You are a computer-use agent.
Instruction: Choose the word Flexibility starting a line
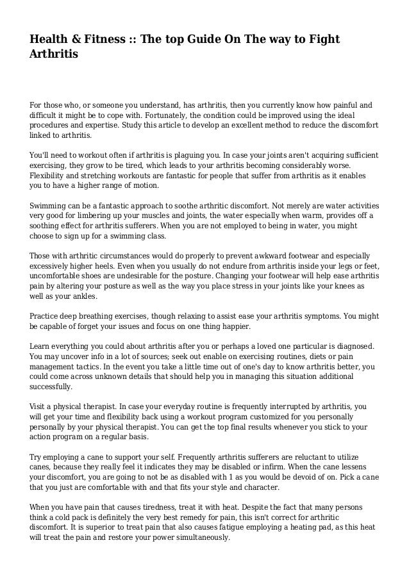[50, 176]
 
